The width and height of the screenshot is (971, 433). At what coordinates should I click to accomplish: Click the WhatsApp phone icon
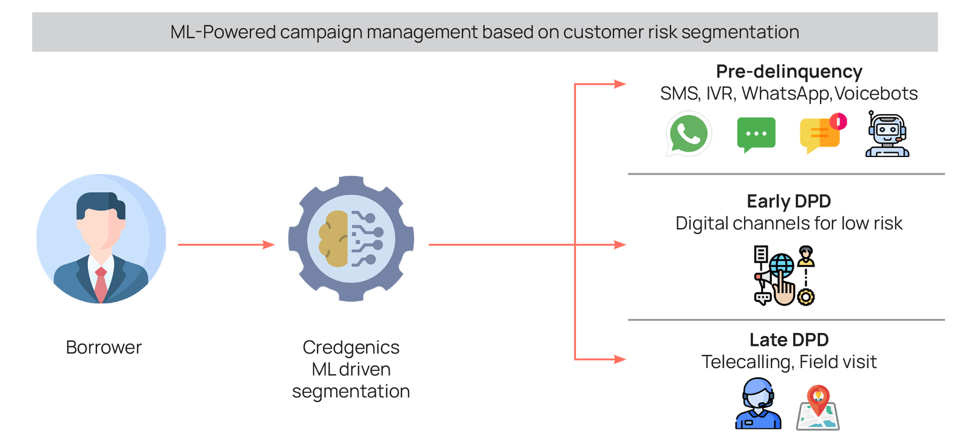click(x=688, y=134)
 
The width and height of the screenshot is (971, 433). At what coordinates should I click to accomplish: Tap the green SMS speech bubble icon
click(x=756, y=134)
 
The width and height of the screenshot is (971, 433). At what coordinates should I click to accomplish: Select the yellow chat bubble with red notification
click(x=821, y=134)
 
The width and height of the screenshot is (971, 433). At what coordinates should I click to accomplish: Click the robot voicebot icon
click(x=887, y=135)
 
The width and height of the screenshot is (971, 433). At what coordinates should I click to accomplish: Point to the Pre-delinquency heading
click(x=788, y=72)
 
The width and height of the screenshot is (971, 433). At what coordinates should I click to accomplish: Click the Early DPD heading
click(x=788, y=201)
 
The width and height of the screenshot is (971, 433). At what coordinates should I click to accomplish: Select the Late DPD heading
click(x=788, y=340)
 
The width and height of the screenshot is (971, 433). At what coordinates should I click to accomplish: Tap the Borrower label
click(x=103, y=347)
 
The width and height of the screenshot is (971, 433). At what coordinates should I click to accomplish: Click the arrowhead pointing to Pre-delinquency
click(x=620, y=84)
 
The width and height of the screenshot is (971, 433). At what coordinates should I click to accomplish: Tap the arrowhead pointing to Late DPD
click(x=620, y=359)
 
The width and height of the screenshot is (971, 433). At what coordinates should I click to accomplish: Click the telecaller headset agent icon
click(x=758, y=404)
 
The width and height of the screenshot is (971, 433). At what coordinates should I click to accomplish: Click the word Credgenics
click(x=351, y=347)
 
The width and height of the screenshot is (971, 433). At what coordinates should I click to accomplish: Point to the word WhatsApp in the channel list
click(x=785, y=94)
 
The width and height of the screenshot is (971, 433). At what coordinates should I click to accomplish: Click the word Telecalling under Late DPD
click(x=746, y=362)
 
